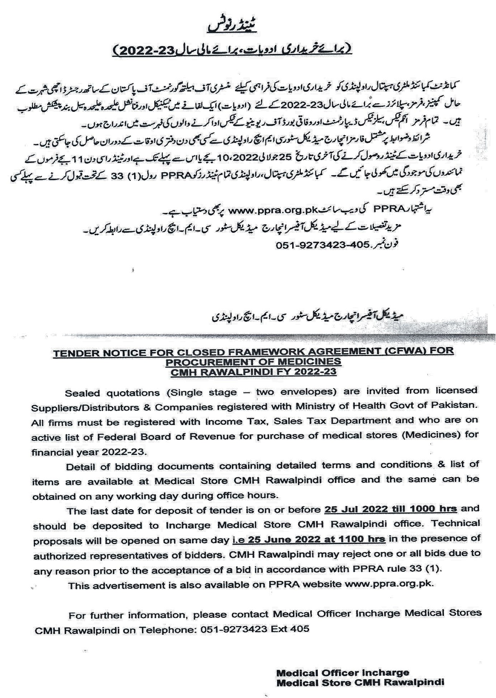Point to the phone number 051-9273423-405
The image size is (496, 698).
[322, 245]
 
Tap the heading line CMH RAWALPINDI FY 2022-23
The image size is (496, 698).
[253, 371]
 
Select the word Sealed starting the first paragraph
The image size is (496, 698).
[82, 393]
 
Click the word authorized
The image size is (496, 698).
[59, 556]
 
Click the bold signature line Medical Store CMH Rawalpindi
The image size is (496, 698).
[360, 682]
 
